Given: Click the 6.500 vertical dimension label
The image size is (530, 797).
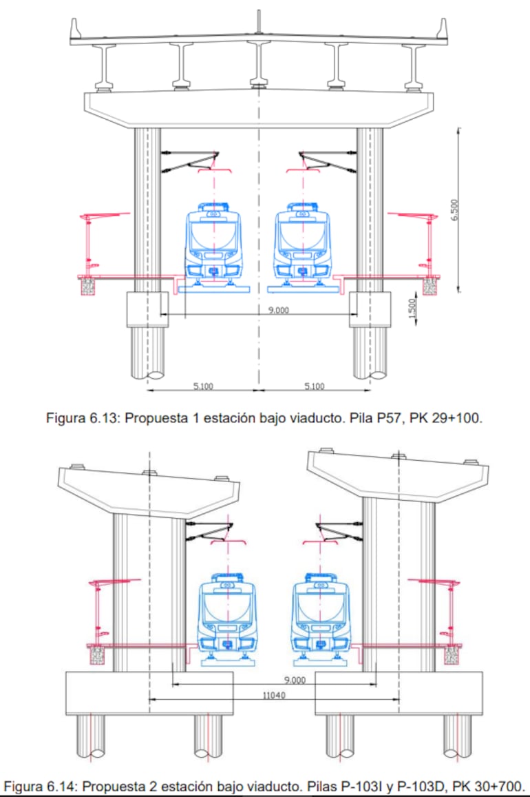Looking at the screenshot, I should click(454, 210).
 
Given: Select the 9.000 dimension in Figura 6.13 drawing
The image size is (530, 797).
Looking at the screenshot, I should click(278, 311).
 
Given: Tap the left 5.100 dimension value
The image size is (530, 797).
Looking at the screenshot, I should click(203, 386).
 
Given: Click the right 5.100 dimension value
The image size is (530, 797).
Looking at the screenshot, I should click(314, 386).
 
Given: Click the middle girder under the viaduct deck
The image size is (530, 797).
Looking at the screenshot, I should click(259, 65).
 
